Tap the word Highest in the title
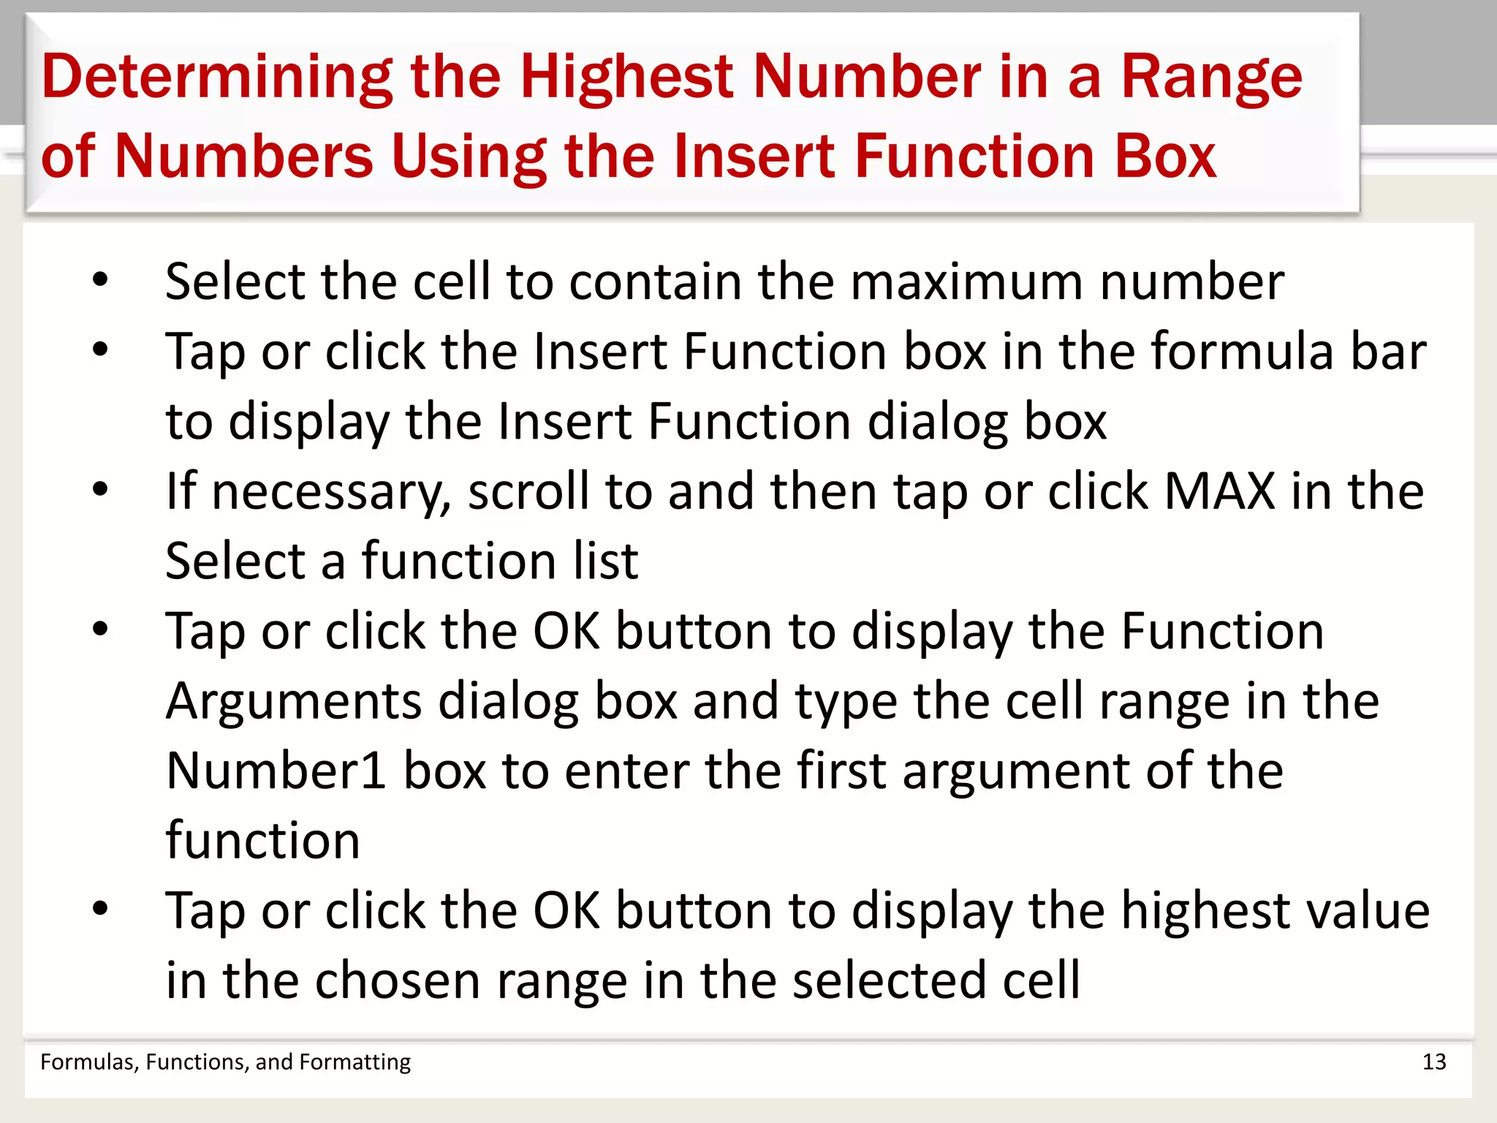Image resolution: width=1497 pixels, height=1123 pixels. [x=626, y=77]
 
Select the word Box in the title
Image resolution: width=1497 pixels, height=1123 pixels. [x=1165, y=156]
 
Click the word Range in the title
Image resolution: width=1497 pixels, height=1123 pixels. [x=1211, y=78]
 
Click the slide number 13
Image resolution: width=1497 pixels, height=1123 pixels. [x=1433, y=1062]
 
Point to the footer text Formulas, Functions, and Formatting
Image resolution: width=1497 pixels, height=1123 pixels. [x=225, y=1062]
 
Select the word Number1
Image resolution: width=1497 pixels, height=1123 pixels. [x=276, y=771]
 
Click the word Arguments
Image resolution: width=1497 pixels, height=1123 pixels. [x=293, y=702]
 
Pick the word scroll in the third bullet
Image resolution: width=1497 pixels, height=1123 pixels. [x=528, y=491]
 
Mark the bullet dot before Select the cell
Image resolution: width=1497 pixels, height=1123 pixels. [x=100, y=279]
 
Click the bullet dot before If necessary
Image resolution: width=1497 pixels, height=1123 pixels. [x=100, y=489]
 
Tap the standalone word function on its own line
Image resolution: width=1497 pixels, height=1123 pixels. [x=262, y=841]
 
